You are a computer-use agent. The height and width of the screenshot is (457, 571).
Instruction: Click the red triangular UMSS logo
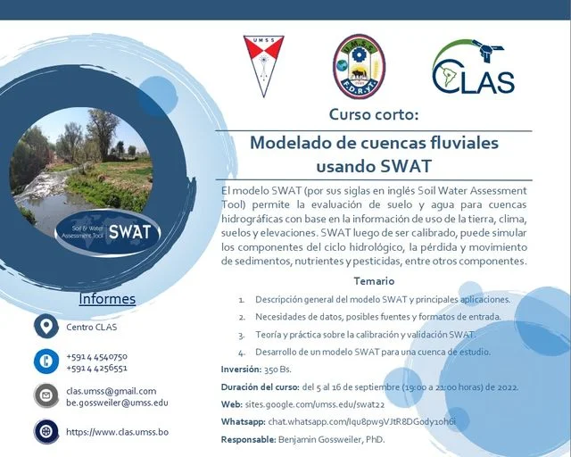click(x=263, y=65)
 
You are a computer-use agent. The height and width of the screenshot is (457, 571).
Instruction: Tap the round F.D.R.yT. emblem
click(x=359, y=65)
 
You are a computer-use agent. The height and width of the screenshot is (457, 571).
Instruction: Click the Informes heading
click(x=107, y=299)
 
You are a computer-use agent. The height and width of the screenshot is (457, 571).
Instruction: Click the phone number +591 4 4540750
click(x=96, y=356)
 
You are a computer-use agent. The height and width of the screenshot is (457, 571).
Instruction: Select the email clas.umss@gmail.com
click(x=112, y=391)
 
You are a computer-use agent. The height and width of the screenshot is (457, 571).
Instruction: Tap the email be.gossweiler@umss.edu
click(x=117, y=403)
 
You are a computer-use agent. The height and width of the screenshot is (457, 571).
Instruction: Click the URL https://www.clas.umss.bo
click(x=117, y=432)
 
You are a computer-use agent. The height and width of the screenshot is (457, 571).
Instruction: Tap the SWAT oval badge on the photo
click(x=105, y=233)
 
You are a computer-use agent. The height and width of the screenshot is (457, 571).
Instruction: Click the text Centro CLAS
click(x=92, y=327)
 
